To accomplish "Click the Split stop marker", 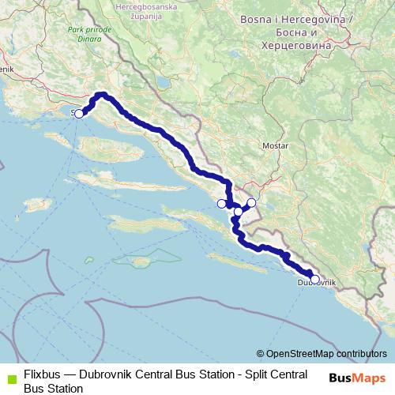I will [x=78, y=114].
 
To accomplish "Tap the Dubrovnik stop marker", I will [x=314, y=279].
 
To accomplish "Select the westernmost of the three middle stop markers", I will [x=221, y=204].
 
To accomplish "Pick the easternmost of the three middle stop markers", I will [x=251, y=203].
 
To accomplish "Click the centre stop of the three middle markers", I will [x=238, y=212].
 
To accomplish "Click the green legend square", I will [x=10, y=378].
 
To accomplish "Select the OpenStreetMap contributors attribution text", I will [x=326, y=354].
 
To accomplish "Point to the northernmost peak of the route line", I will [x=101, y=95].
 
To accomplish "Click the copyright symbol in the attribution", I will [x=260, y=354].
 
